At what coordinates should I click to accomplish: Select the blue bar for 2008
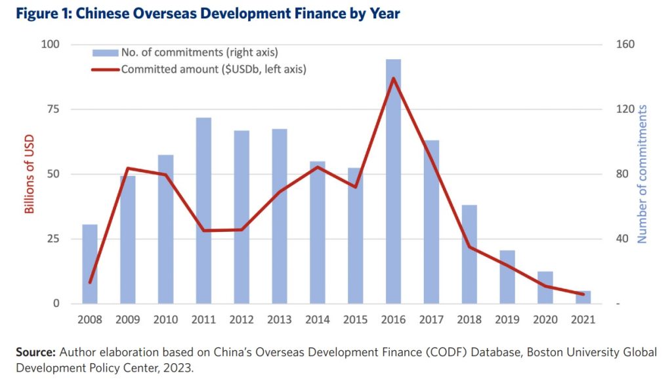[x=90, y=264]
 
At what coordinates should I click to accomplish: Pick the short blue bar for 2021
[x=583, y=298]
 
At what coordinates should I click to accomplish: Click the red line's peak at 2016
[x=393, y=78]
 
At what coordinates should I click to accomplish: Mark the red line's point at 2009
[x=128, y=168]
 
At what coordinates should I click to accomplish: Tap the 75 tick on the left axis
[x=50, y=109]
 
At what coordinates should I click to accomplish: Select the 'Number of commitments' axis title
[x=642, y=174]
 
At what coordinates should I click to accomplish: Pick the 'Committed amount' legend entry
[x=214, y=68]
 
